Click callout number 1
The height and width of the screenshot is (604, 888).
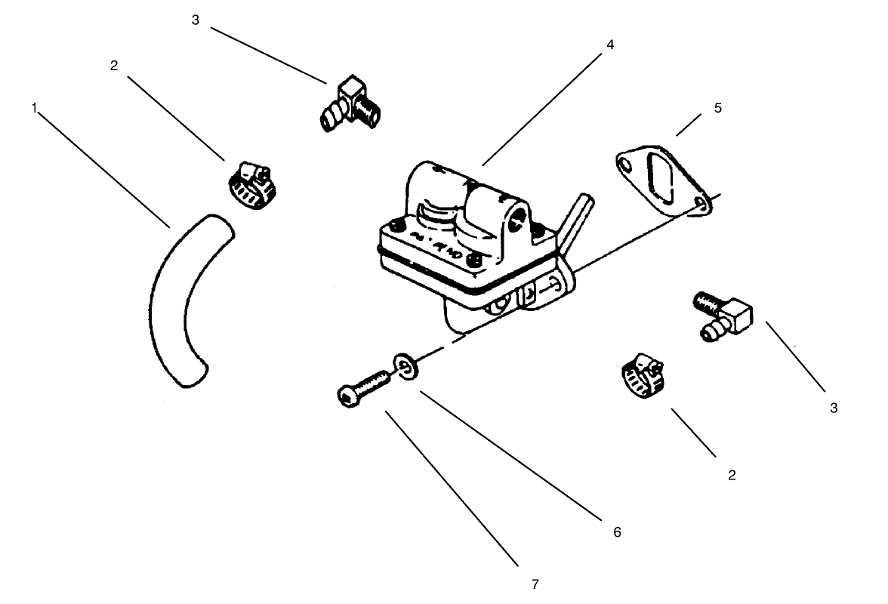coord(34,108)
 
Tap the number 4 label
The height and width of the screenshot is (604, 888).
coord(609,45)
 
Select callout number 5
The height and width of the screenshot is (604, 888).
coord(717,108)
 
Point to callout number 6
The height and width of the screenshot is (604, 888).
coord(617,532)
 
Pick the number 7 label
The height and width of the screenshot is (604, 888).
coord(535,584)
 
